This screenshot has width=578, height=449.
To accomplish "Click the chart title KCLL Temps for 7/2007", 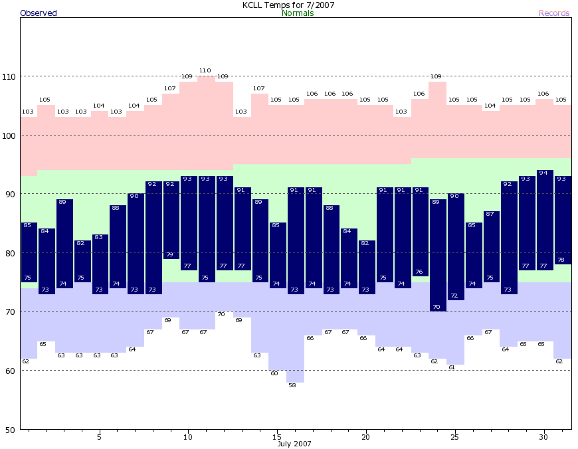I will pyautogui.click(x=288, y=5).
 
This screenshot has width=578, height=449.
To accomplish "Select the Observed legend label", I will pyautogui.click(x=39, y=13).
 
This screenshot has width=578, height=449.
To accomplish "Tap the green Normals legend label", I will pyautogui.click(x=298, y=13).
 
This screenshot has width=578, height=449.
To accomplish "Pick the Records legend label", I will pyautogui.click(x=554, y=13).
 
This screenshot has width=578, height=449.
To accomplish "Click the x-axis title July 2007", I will pyautogui.click(x=294, y=444).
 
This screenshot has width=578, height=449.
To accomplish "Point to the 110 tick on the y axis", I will pyautogui.click(x=11, y=76).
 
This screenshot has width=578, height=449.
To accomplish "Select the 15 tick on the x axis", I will pyautogui.click(x=276, y=437).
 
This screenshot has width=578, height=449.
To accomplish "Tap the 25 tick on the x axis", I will pyautogui.click(x=454, y=437).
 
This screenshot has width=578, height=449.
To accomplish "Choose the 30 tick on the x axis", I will pyautogui.click(x=543, y=437).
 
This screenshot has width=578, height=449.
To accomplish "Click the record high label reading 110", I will pyautogui.click(x=205, y=70).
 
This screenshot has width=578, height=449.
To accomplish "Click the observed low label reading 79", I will pyautogui.click(x=169, y=255).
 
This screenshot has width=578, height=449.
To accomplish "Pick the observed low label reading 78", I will pyautogui.click(x=561, y=260).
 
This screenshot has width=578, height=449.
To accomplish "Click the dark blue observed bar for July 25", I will pyautogui.click(x=455, y=246).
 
